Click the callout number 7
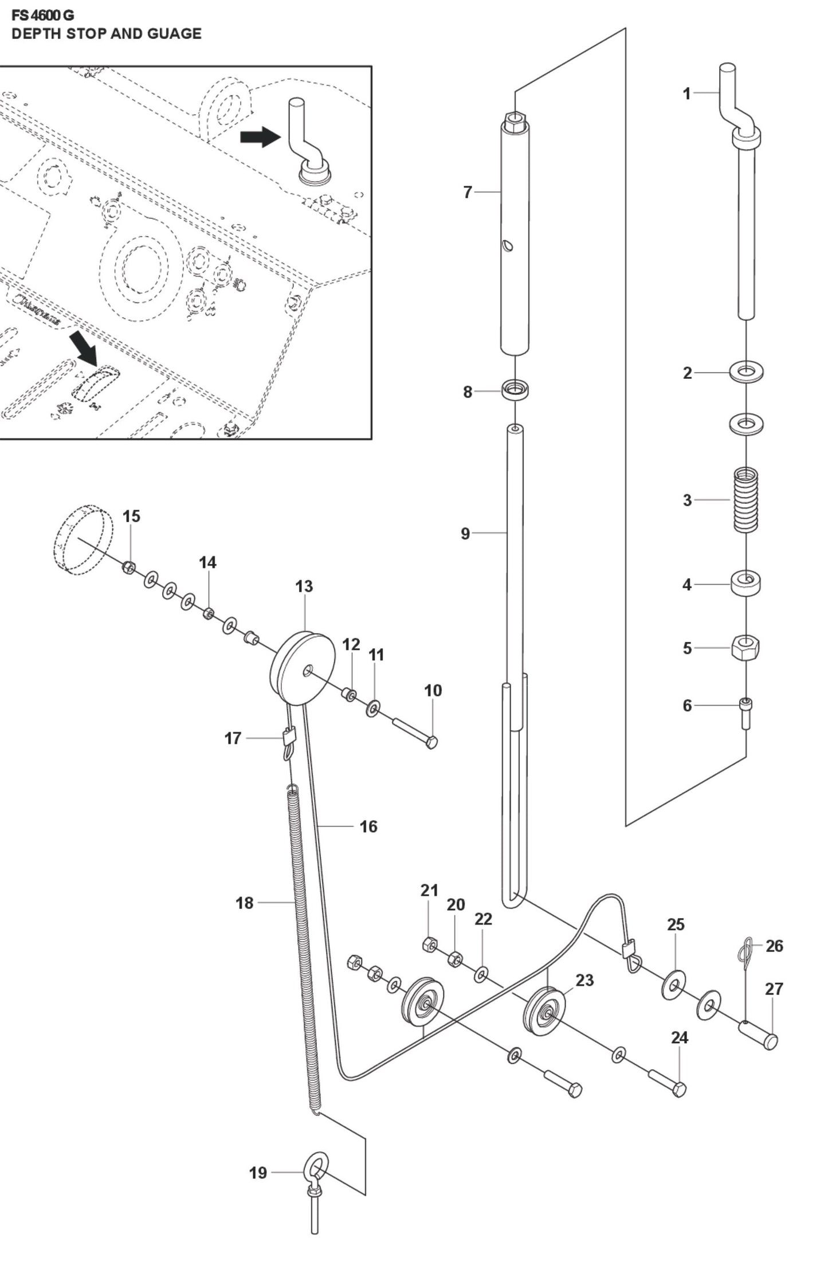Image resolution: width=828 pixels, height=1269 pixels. pos(467,193)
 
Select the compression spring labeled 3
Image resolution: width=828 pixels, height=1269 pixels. pos(746,499)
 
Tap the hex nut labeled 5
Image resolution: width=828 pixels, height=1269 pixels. pos(745,648)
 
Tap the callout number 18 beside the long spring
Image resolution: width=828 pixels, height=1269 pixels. pos(244,903)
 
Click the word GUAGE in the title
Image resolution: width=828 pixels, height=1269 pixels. pos(174,34)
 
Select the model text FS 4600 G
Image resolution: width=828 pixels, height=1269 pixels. pos(42,15)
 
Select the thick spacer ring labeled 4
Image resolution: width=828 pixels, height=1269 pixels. pos(745,584)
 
